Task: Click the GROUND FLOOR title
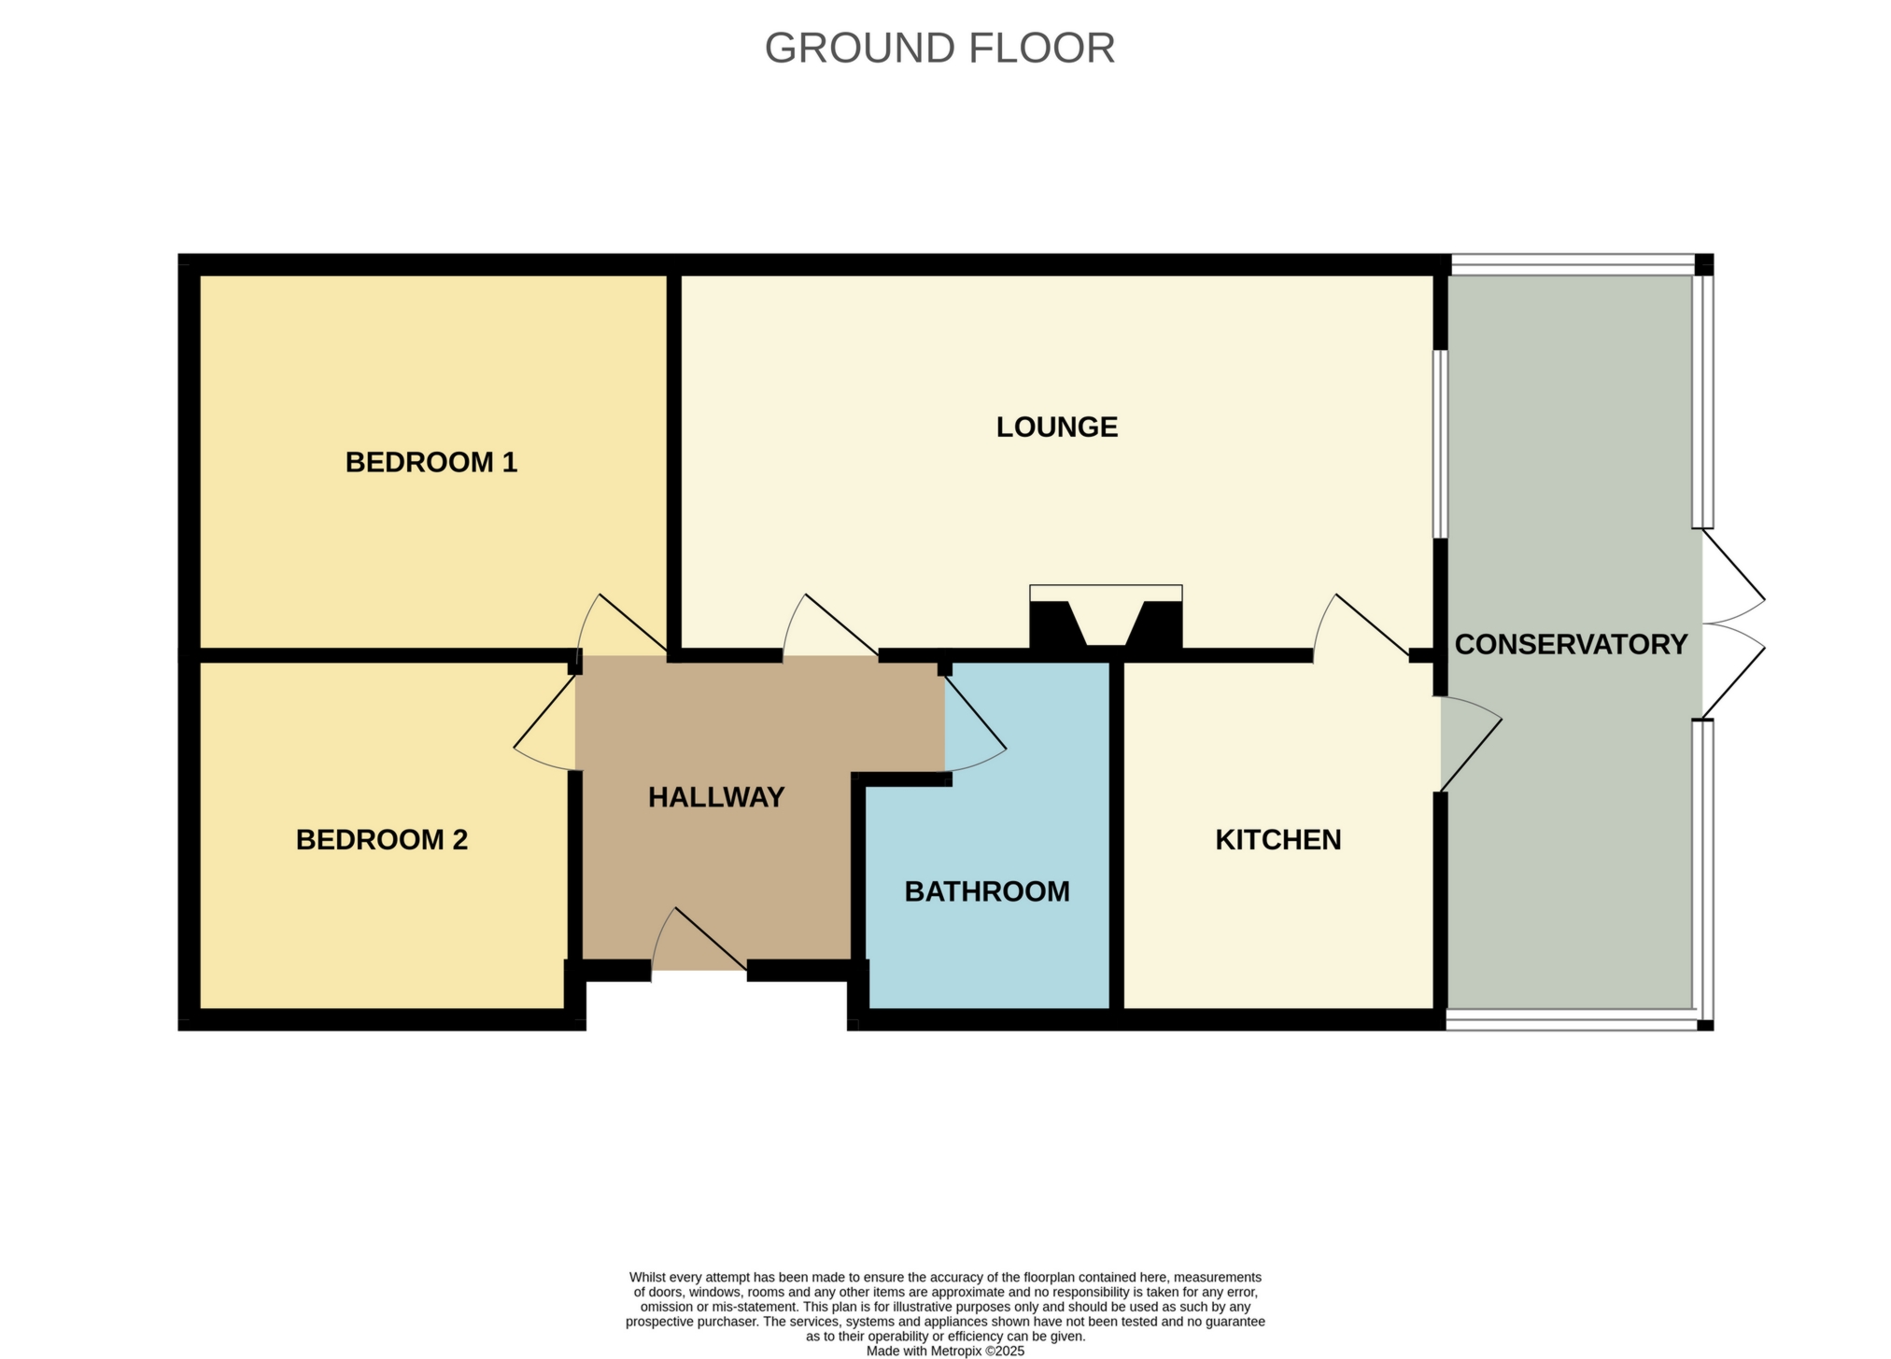point(939,49)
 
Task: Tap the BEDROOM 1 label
point(430,462)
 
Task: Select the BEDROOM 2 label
point(381,840)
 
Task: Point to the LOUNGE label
point(1056,427)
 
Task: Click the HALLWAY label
point(716,797)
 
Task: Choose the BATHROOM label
point(987,891)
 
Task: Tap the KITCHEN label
point(1277,840)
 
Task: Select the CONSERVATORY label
point(1571,644)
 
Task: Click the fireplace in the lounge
point(1106,618)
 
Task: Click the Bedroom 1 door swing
point(616,625)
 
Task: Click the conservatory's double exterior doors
point(1732,623)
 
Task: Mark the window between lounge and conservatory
point(1440,444)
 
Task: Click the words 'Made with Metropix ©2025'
point(945,1351)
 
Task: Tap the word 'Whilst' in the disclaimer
point(648,1277)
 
